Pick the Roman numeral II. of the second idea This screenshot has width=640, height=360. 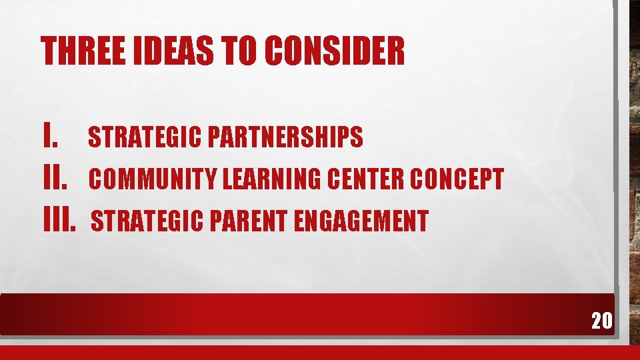(56, 178)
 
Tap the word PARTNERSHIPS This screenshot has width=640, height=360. (285, 137)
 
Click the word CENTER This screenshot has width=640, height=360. (373, 179)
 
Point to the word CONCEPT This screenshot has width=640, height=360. (457, 179)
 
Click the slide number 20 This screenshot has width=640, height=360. (601, 321)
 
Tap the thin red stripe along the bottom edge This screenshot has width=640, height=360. (320, 353)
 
